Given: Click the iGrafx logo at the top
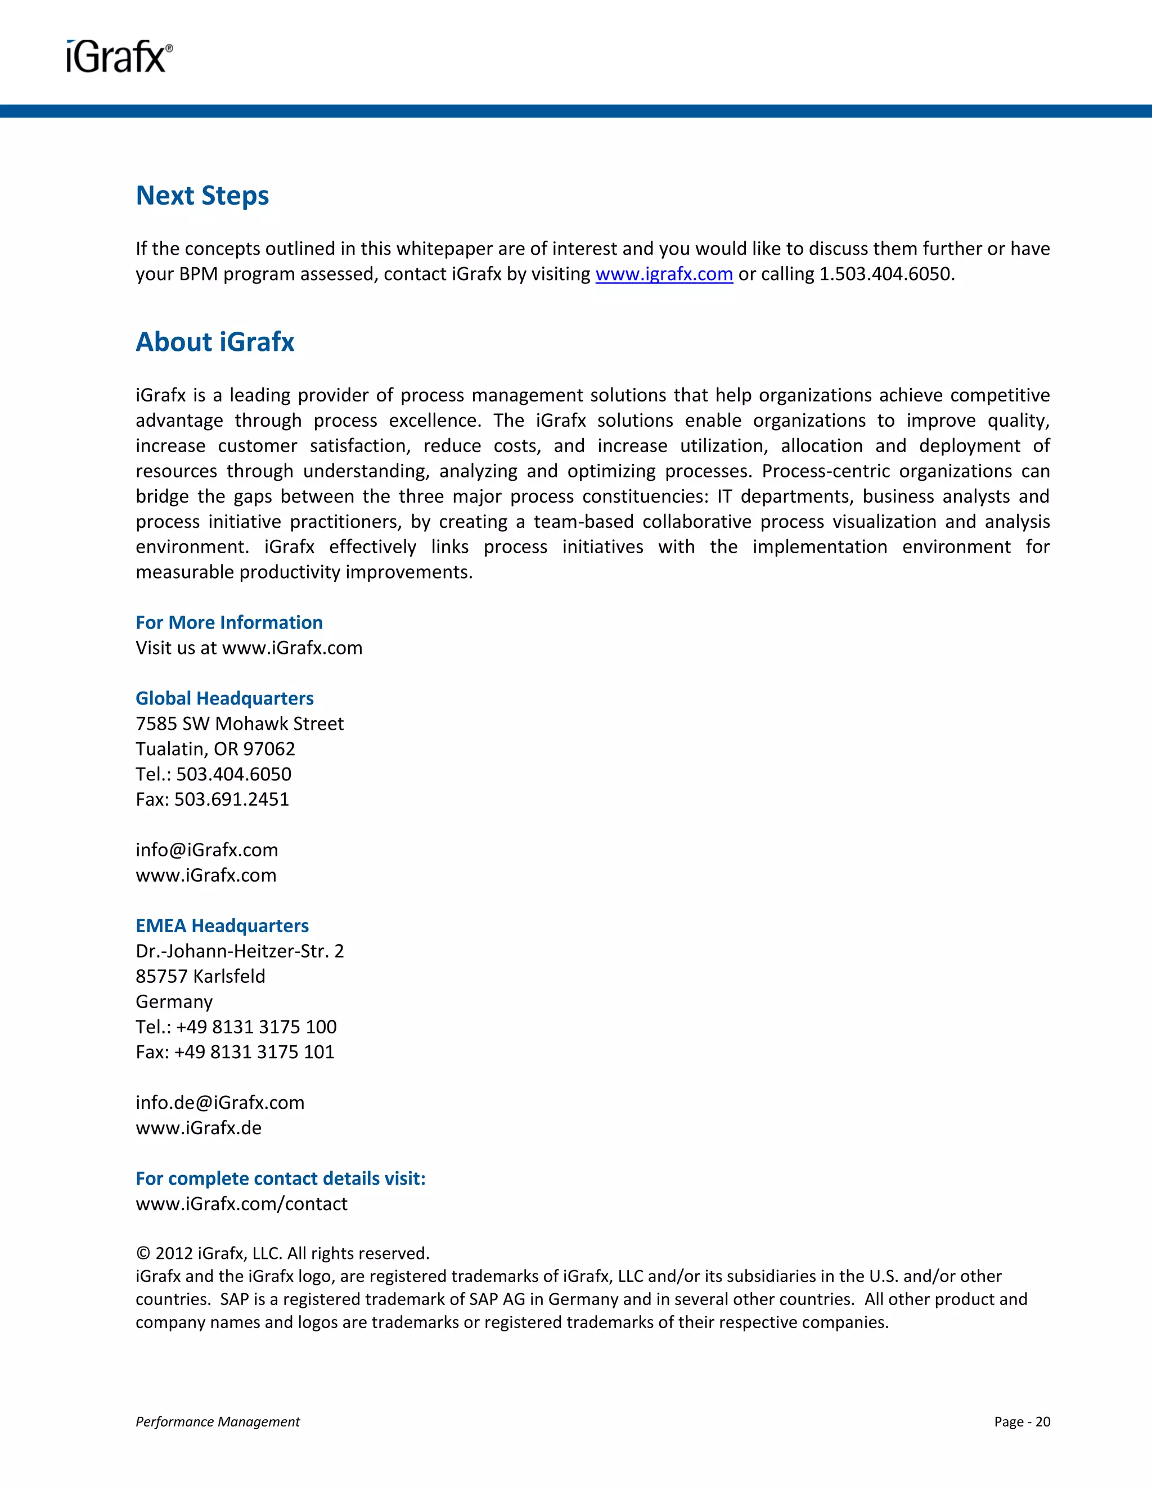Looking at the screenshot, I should click(x=119, y=57).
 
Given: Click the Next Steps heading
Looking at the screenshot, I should click(x=202, y=196).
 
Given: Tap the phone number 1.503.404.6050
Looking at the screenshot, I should click(x=885, y=274).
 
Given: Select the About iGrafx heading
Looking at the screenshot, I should click(x=215, y=342).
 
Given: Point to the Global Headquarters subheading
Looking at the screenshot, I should click(x=224, y=698).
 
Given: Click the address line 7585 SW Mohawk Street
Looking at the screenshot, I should click(x=240, y=723).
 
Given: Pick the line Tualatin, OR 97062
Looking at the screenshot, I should click(x=215, y=748).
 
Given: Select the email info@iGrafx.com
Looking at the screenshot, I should click(x=207, y=850).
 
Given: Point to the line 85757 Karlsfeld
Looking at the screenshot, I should click(x=200, y=976).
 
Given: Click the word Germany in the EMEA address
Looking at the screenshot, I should click(x=174, y=1001).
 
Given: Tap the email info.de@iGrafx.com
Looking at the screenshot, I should click(x=220, y=1103).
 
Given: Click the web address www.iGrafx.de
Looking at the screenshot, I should click(x=199, y=1128).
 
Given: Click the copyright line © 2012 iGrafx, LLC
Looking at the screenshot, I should click(x=282, y=1253).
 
